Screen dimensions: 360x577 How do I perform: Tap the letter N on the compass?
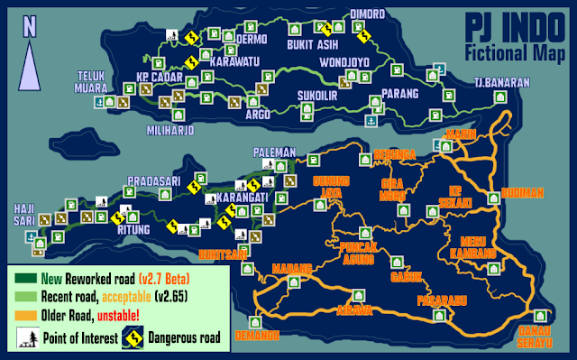tap(31, 27)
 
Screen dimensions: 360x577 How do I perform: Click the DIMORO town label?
tap(368, 14)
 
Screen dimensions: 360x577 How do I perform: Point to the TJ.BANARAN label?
tap(501, 83)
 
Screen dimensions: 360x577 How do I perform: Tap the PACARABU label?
tap(439, 300)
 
